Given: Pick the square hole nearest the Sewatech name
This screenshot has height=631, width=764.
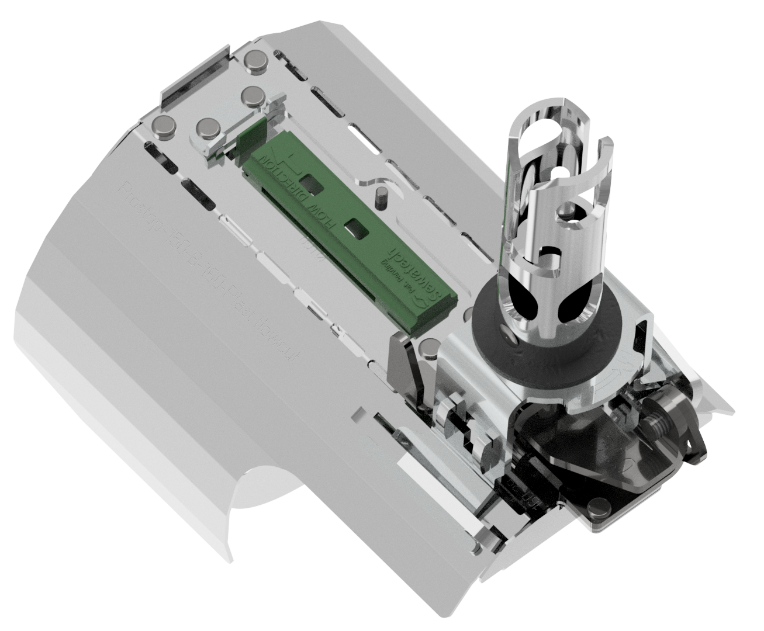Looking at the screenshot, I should tap(355, 228).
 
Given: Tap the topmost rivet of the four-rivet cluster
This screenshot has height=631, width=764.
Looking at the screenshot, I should tap(254, 61).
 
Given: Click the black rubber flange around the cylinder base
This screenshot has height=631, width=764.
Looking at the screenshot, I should tap(526, 345).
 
